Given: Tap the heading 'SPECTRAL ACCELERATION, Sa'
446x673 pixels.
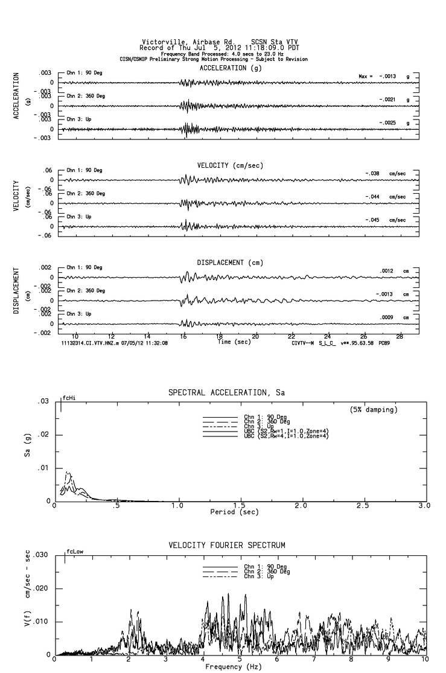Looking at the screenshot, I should point(224,394).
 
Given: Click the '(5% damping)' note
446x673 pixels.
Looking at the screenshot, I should point(374,410).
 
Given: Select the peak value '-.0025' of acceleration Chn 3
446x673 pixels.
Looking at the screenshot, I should point(387,123).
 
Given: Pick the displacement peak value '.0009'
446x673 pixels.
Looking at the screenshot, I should point(387,317).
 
